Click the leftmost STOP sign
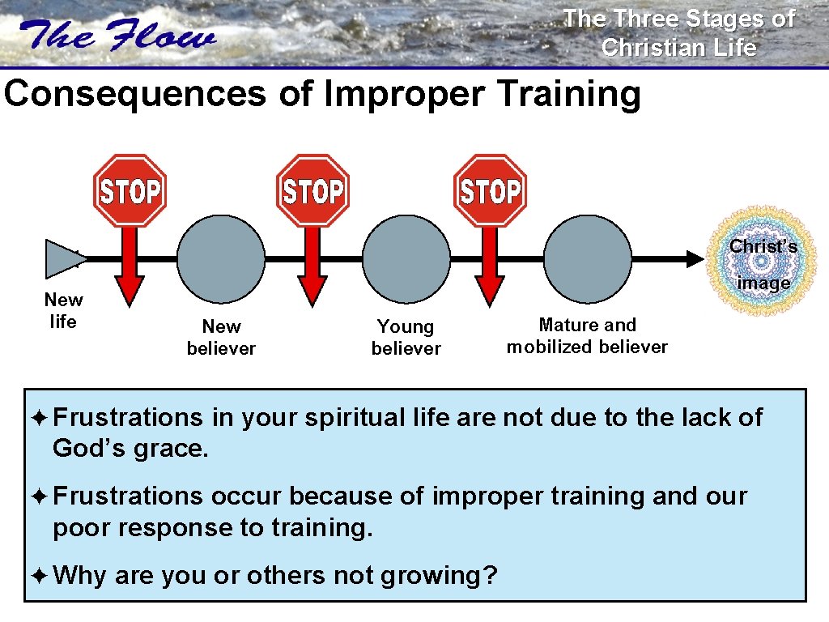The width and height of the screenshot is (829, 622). (130, 191)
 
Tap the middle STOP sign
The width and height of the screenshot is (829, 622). (312, 191)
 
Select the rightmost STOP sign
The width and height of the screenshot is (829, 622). (490, 191)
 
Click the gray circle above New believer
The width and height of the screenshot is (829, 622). (221, 258)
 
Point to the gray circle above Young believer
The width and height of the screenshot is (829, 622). (406, 258)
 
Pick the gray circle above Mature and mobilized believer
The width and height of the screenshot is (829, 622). (588, 258)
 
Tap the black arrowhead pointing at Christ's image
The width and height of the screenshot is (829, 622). (695, 259)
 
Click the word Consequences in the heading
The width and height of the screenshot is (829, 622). (134, 94)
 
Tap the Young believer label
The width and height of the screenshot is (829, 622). (406, 338)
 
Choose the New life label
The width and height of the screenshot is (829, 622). (63, 311)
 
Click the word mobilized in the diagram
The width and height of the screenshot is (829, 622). (552, 347)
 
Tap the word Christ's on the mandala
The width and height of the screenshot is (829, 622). (763, 246)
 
